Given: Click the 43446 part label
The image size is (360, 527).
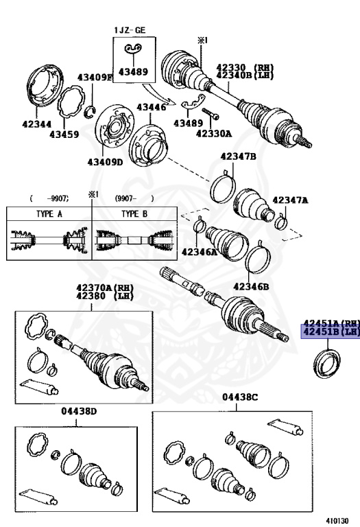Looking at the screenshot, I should point(151,107).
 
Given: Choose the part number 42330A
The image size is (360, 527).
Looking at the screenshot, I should point(214,134).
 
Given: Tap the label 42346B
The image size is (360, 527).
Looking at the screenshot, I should point(250,286).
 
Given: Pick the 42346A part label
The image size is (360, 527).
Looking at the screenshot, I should point(198,253).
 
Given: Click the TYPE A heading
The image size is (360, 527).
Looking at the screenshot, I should point(49,213).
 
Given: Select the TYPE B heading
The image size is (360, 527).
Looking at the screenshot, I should point(134,213).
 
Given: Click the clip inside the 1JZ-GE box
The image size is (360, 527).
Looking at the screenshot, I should point(133,48).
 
